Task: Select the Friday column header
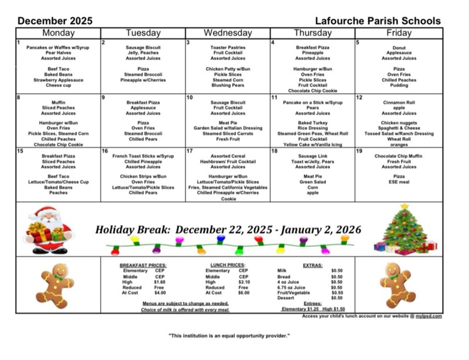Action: (399, 32)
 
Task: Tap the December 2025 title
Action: (55, 21)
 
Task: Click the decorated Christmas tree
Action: (405, 229)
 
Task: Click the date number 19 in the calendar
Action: (359, 151)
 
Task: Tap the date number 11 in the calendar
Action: (274, 97)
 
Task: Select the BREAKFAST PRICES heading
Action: (143, 265)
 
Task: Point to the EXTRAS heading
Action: (312, 265)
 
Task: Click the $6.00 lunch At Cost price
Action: (243, 292)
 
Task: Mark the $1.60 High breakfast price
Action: (159, 282)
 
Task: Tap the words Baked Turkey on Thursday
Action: (313, 122)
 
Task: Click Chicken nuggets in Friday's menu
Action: (399, 122)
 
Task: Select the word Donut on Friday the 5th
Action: (399, 47)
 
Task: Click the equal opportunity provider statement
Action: (229, 336)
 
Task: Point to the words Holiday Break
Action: (131, 230)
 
